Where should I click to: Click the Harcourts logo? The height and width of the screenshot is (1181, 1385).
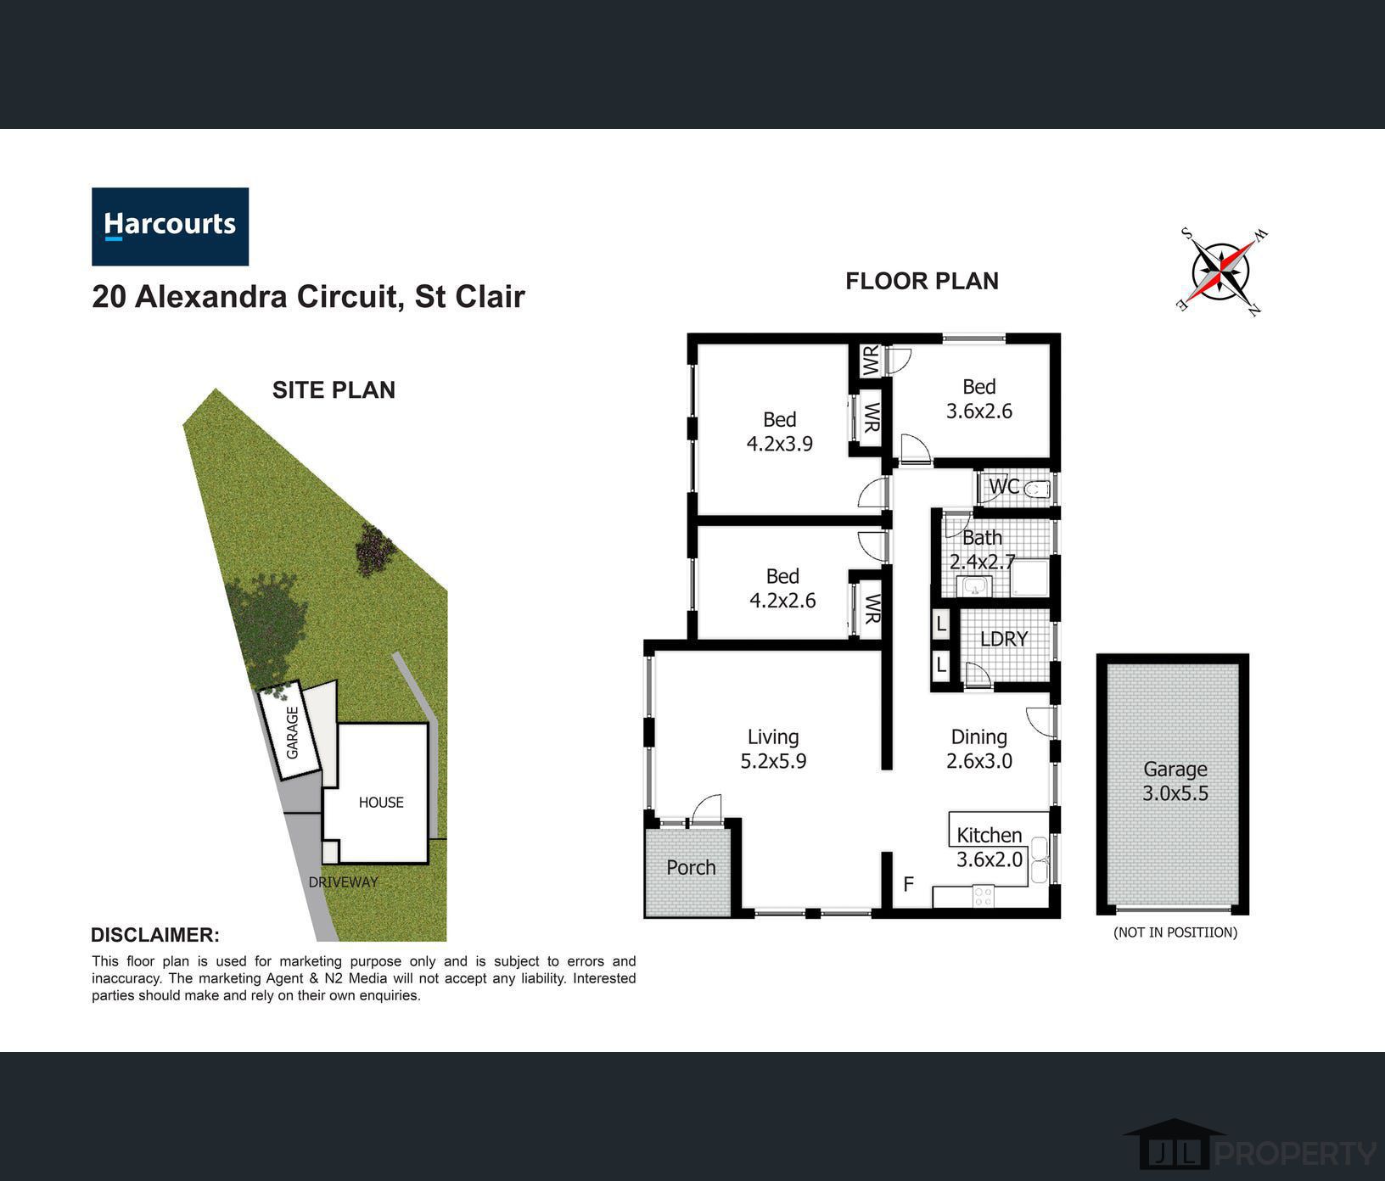pyautogui.click(x=170, y=227)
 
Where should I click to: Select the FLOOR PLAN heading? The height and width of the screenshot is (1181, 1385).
pyautogui.click(x=922, y=281)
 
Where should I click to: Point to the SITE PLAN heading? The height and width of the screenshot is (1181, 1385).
pyautogui.click(x=334, y=389)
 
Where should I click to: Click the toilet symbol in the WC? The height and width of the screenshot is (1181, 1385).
pyautogui.click(x=1037, y=489)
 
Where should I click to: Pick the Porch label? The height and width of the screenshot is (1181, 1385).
pyautogui.click(x=691, y=867)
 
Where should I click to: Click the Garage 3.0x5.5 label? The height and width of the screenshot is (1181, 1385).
pyautogui.click(x=1175, y=781)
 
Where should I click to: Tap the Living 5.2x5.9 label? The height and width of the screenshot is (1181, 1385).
pyautogui.click(x=773, y=749)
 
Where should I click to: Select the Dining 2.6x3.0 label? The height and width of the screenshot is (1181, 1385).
pyautogui.click(x=979, y=749)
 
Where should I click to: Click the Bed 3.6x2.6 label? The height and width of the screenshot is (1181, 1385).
pyautogui.click(x=979, y=399)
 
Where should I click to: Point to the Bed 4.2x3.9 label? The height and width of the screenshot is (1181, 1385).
pyautogui.click(x=779, y=431)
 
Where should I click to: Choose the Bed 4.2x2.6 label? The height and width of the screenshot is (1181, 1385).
pyautogui.click(x=782, y=588)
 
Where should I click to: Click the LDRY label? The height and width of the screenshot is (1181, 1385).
pyautogui.click(x=1004, y=639)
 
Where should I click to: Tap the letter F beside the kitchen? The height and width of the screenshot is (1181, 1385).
pyautogui.click(x=908, y=884)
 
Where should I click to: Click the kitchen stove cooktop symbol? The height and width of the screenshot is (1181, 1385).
pyautogui.click(x=984, y=896)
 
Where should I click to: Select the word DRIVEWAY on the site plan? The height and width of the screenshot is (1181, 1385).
pyautogui.click(x=343, y=882)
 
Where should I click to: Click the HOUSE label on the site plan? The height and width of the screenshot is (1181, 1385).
pyautogui.click(x=381, y=803)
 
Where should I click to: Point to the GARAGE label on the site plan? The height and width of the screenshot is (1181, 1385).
pyautogui.click(x=293, y=733)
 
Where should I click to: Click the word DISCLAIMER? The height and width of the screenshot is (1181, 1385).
pyautogui.click(x=155, y=935)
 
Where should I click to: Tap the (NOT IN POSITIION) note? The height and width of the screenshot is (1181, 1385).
pyautogui.click(x=1175, y=932)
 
